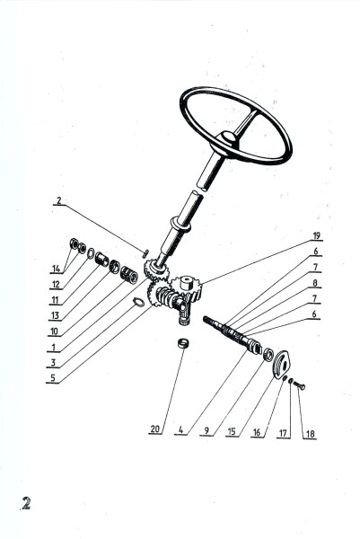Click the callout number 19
(316, 235)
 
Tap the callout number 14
(57, 269)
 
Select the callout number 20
(155, 429)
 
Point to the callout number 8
(314, 283)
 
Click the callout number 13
(55, 315)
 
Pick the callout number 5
(53, 378)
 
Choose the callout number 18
(310, 434)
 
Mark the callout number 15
(232, 432)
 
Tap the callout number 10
(54, 331)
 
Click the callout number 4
(181, 429)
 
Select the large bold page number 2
(26, 503)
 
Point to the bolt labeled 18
(300, 386)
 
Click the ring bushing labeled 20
(183, 344)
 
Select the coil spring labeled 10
(129, 275)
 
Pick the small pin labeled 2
(145, 253)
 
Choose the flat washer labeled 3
(138, 302)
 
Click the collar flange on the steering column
(181, 225)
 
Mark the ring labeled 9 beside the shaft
(268, 355)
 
